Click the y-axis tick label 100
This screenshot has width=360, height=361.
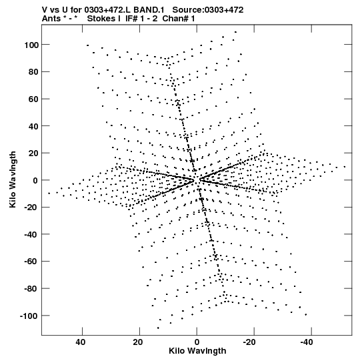tap(31, 45)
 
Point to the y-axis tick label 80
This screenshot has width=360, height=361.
tap(33, 72)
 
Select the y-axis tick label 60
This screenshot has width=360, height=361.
tap(33, 99)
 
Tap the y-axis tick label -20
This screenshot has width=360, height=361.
tap(32, 208)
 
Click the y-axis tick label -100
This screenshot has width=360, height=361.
tap(29, 316)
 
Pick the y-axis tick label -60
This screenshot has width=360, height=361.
tap(32, 262)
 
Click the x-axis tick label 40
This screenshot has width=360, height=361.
tap(81, 342)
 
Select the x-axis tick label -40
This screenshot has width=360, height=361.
tap(307, 342)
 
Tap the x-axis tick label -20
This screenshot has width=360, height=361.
tap(249, 342)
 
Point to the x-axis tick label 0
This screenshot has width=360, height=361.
tap(197, 342)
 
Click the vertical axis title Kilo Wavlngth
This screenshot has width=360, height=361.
tap(13, 179)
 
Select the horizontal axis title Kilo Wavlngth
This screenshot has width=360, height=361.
tap(197, 351)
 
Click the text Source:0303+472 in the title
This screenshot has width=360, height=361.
tap(208, 10)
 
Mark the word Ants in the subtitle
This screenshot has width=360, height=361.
tap(51, 19)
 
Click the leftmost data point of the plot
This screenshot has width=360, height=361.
tap(49, 193)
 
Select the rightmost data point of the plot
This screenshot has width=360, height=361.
tap(345, 166)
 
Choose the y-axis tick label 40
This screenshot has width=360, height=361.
tap(33, 126)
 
